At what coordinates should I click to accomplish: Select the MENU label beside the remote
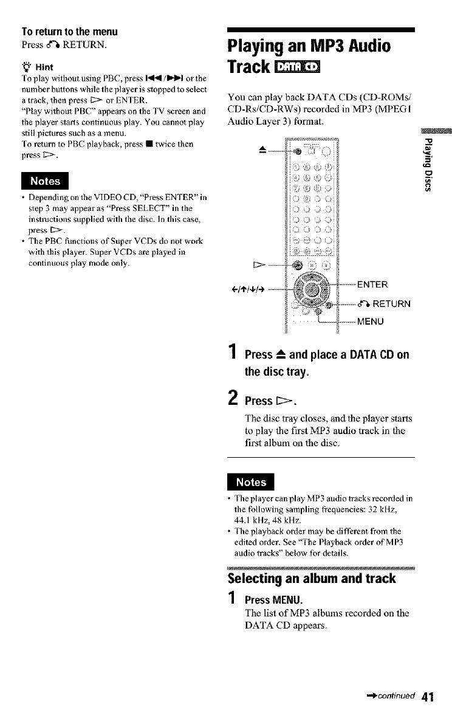(371, 321)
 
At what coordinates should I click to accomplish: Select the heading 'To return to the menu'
(69, 32)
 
